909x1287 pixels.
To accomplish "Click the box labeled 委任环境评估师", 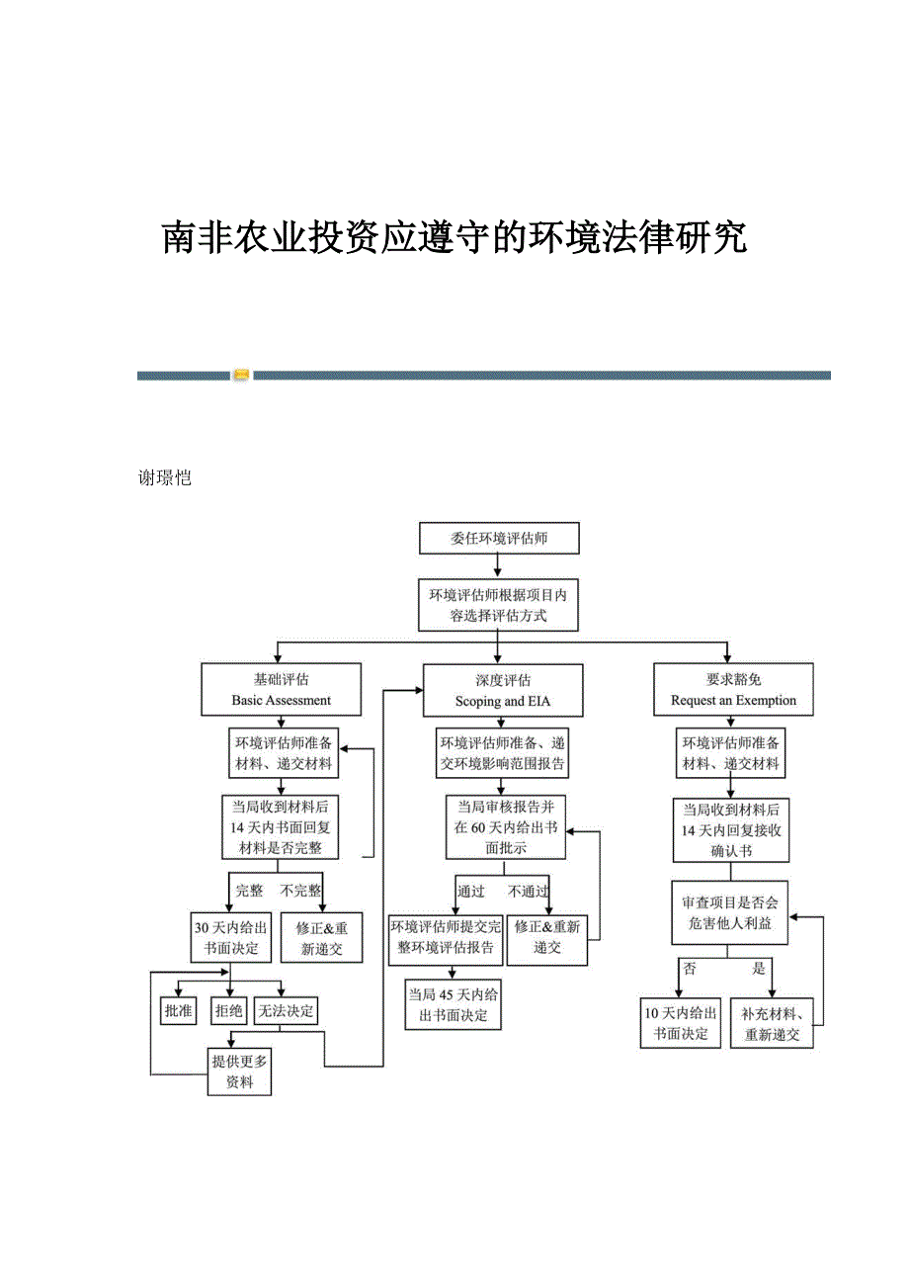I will coord(499,539).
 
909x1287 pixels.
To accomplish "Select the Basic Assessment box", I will coord(281,690).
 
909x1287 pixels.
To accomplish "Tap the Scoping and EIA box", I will coord(503,690).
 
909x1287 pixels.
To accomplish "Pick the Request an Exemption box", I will coord(733,690).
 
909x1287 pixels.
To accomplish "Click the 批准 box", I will coord(178,1010).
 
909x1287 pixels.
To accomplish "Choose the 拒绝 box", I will coord(228,1010).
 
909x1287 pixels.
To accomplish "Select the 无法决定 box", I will coord(286,1010).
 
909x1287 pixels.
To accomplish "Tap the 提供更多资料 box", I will coord(239,1072).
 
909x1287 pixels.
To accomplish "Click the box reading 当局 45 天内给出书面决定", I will coord(453,1004).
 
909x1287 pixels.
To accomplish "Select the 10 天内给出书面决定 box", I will coord(680,1023).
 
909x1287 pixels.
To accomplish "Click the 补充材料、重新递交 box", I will coord(772,1023).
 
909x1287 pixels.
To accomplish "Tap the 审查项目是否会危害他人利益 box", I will coord(730,912).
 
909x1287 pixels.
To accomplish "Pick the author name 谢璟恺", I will coord(164,478).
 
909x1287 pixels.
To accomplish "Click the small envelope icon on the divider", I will coord(241,375).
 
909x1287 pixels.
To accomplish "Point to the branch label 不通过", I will coord(529,891).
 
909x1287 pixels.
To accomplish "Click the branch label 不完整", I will coord(300,890).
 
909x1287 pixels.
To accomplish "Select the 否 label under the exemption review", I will coord(690,969).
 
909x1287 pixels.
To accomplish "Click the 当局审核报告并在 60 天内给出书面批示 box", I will coord(505,827).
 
